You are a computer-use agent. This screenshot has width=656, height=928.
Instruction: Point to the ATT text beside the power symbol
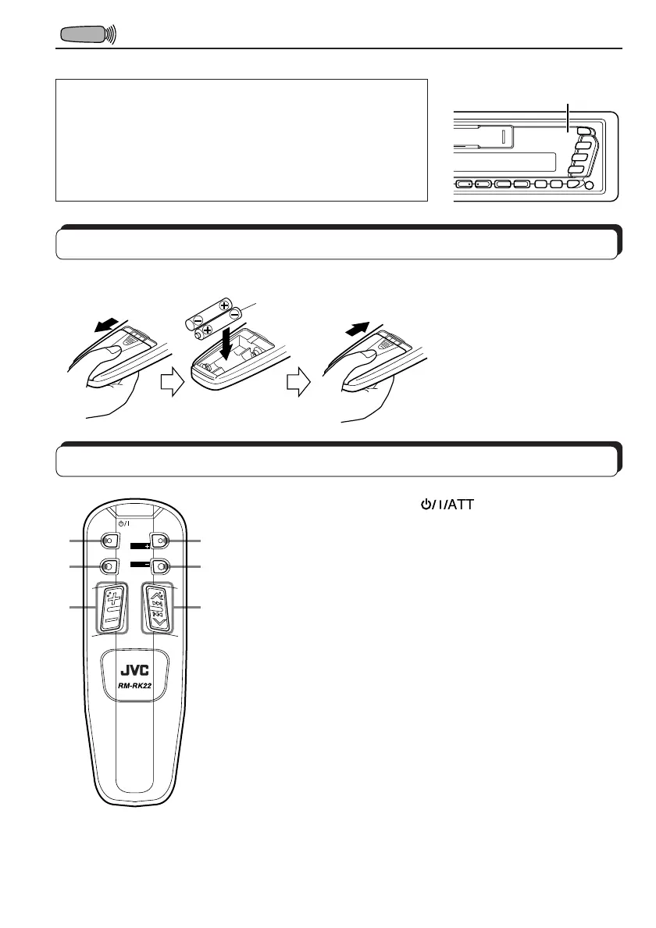click(459, 506)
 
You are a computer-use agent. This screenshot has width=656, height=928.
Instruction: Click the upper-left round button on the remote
click(109, 541)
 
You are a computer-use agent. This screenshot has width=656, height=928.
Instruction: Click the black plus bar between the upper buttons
click(139, 546)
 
